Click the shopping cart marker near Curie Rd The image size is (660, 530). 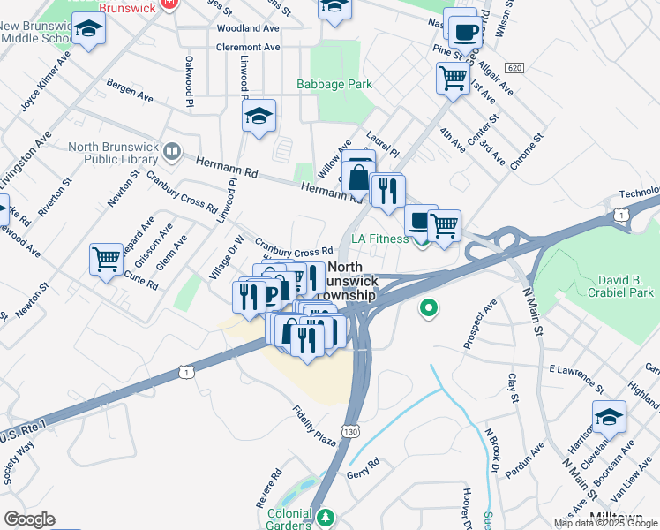[x=106, y=260]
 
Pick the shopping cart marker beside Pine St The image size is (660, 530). [x=453, y=78]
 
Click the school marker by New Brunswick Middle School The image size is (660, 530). [x=87, y=31]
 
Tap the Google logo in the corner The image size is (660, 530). [x=29, y=519]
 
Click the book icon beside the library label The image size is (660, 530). [x=171, y=152]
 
